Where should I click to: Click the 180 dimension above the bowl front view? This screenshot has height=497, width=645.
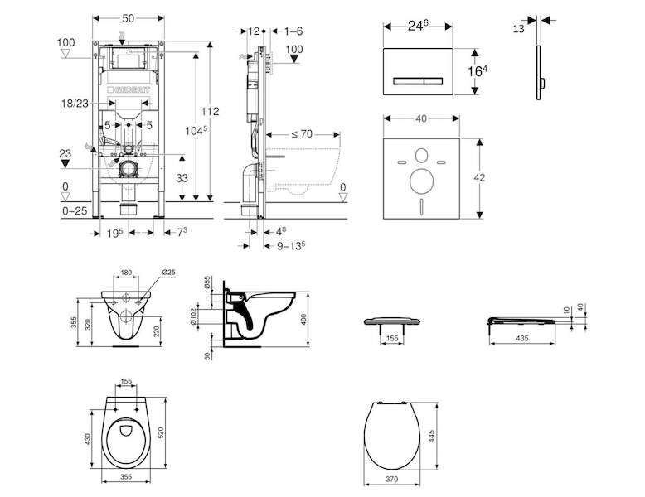(x=126, y=271)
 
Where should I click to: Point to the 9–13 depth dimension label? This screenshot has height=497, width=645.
(x=290, y=245)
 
